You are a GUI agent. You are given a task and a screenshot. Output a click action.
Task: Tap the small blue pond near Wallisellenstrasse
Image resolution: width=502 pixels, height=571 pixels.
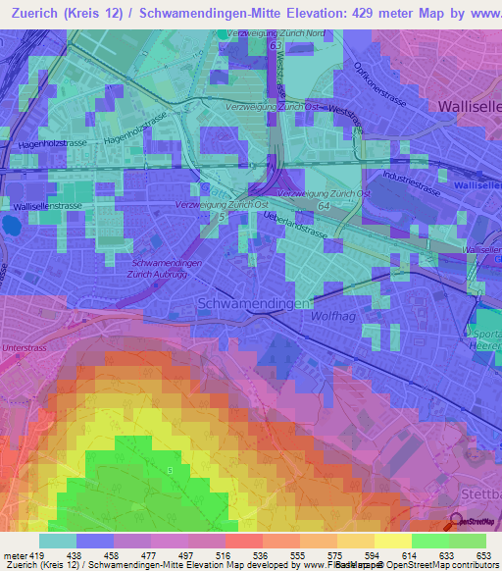pyautogui.click(x=11, y=225)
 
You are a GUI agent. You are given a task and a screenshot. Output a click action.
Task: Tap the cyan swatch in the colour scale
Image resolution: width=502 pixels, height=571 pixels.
pyautogui.click(x=58, y=541)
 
